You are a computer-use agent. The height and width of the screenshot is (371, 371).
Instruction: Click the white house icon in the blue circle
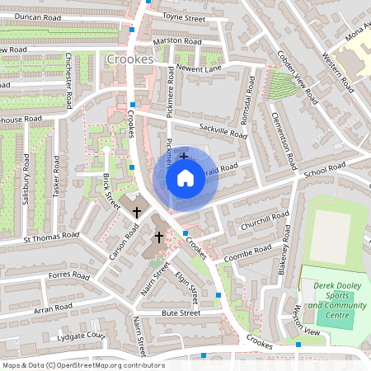(x=185, y=177)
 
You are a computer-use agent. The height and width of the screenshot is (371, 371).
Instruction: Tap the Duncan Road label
(x=34, y=16)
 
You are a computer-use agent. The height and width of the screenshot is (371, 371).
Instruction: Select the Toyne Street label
(x=183, y=16)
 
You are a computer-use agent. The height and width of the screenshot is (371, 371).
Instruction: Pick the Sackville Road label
(x=223, y=129)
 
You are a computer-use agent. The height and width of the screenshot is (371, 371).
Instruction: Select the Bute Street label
(x=181, y=313)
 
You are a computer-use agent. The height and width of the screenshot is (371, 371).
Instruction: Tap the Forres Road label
(x=68, y=275)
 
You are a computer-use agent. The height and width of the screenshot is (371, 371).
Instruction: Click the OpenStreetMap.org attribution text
(x=107, y=365)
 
